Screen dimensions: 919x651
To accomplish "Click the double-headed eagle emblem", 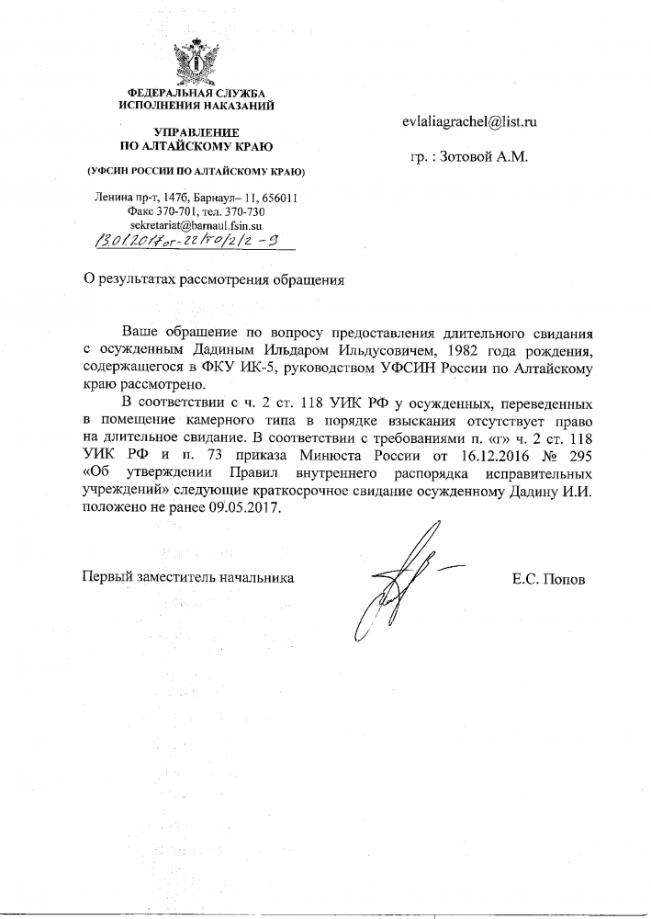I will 197,56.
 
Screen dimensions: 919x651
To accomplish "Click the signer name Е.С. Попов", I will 549,578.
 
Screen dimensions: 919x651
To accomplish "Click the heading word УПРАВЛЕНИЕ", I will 197,132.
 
